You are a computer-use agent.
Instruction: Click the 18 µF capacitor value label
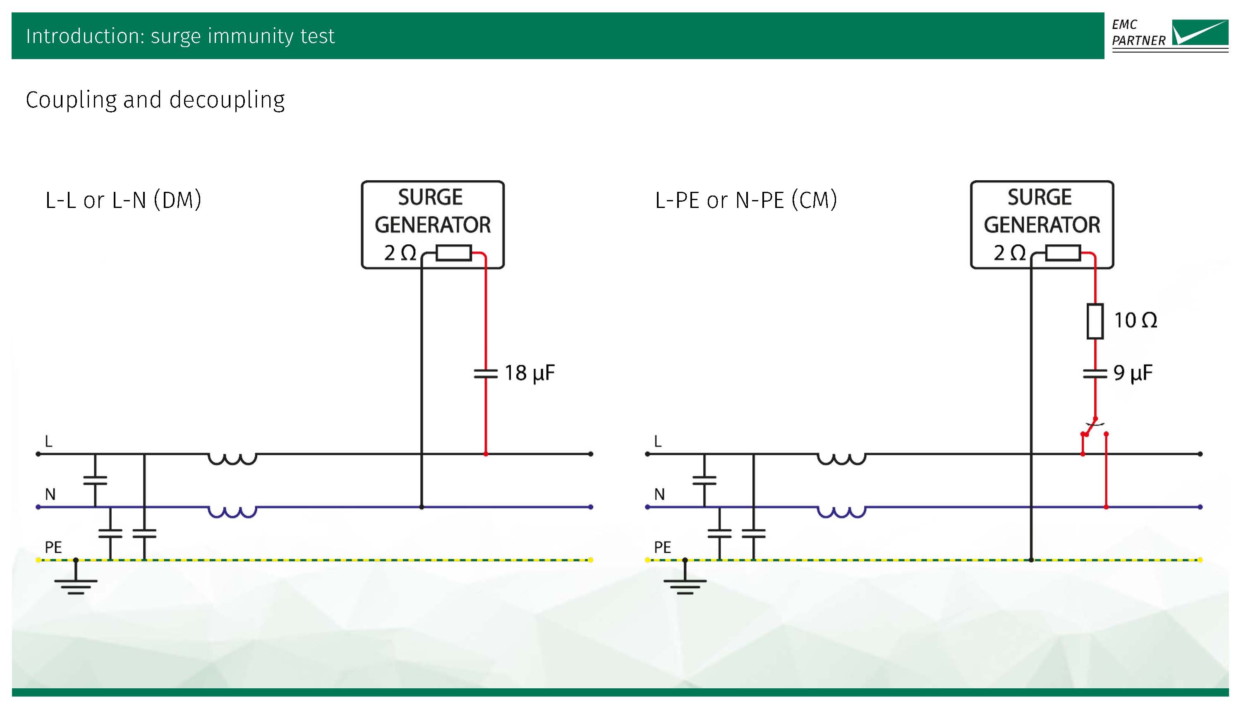pyautogui.click(x=529, y=373)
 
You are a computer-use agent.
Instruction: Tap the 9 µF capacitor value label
pyautogui.click(x=1133, y=373)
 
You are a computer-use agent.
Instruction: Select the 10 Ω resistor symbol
pyautogui.click(x=1095, y=321)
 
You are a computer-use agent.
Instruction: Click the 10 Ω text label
pyautogui.click(x=1135, y=320)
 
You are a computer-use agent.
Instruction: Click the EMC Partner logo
pyautogui.click(x=1169, y=35)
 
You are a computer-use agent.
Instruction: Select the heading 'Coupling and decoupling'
pyautogui.click(x=155, y=100)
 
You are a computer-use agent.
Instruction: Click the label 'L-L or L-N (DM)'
pyautogui.click(x=123, y=200)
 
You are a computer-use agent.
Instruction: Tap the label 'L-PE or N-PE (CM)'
pyautogui.click(x=745, y=200)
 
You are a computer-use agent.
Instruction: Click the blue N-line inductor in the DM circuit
pyautogui.click(x=232, y=511)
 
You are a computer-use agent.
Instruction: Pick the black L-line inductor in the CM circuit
pyautogui.click(x=841, y=458)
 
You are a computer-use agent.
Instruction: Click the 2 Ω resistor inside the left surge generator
pyautogui.click(x=453, y=253)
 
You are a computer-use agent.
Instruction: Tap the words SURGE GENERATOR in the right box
pyautogui.click(x=1042, y=211)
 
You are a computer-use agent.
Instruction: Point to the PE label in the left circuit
pyautogui.click(x=53, y=547)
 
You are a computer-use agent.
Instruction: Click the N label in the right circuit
pyautogui.click(x=659, y=494)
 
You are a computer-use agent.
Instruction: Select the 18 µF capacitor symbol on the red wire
pyautogui.click(x=485, y=373)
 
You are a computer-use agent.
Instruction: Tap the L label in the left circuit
pyautogui.click(x=48, y=441)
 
